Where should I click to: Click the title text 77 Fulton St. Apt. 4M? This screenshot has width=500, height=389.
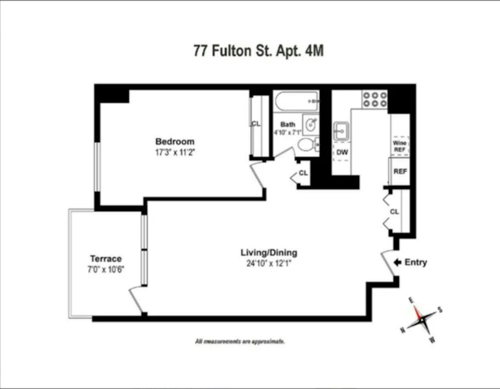point(258,51)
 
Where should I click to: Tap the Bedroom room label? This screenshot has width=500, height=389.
point(175,141)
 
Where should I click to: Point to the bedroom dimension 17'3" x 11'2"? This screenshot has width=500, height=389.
point(175,152)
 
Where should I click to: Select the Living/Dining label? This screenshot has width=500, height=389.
point(269,252)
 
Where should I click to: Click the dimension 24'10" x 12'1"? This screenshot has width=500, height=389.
point(269,263)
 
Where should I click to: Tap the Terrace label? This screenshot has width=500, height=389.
point(106,259)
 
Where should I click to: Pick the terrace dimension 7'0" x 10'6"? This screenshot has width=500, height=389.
point(106,269)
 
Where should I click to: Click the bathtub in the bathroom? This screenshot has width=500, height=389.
point(296,101)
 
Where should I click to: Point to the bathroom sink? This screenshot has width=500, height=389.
point(311,125)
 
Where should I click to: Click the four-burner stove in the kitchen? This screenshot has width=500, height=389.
point(375,99)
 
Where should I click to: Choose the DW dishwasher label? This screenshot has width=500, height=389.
point(342,152)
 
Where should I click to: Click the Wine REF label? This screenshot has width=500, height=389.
point(399,146)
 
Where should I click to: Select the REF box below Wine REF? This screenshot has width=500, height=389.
point(400,171)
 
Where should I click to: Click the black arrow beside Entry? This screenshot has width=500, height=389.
point(397,262)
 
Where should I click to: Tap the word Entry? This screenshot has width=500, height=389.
point(416,262)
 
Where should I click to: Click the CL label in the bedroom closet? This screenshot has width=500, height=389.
point(256,124)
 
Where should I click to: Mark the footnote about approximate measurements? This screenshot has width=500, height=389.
point(240,341)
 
